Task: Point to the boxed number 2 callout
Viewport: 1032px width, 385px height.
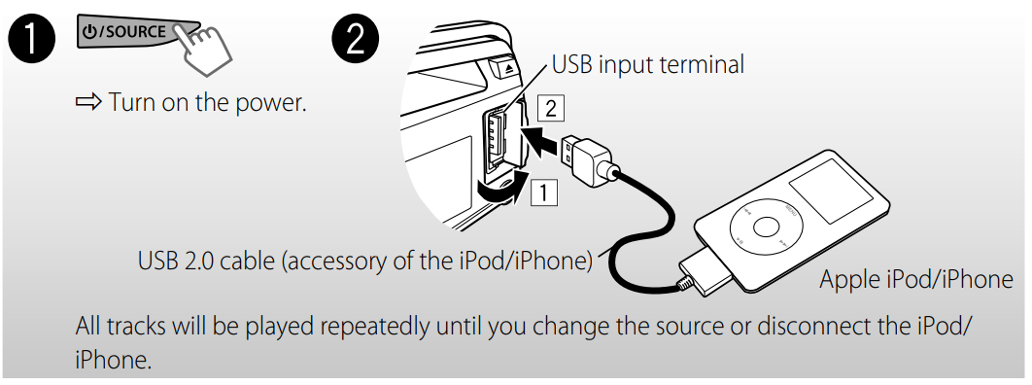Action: pos(550,108)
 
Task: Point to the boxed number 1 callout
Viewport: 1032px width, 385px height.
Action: pos(543,192)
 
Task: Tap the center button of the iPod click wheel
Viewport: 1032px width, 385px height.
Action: pos(764,228)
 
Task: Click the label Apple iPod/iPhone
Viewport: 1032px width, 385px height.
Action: pos(915,280)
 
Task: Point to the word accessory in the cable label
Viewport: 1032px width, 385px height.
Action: pos(330,261)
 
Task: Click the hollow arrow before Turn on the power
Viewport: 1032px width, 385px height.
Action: pos(88,102)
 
